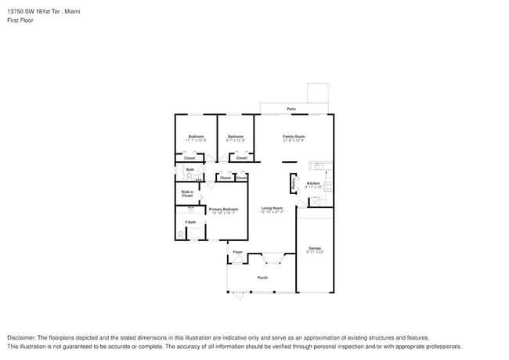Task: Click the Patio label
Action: tap(291, 109)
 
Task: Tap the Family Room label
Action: tap(294, 136)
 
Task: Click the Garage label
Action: tap(314, 248)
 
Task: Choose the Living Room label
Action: tap(272, 208)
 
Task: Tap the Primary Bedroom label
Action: tap(223, 209)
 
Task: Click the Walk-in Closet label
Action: tap(187, 193)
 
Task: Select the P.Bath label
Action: tap(190, 222)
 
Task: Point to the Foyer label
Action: tap(237, 252)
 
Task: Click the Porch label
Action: tap(262, 278)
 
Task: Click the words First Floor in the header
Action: tap(20, 20)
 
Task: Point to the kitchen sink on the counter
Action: tap(320, 166)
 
